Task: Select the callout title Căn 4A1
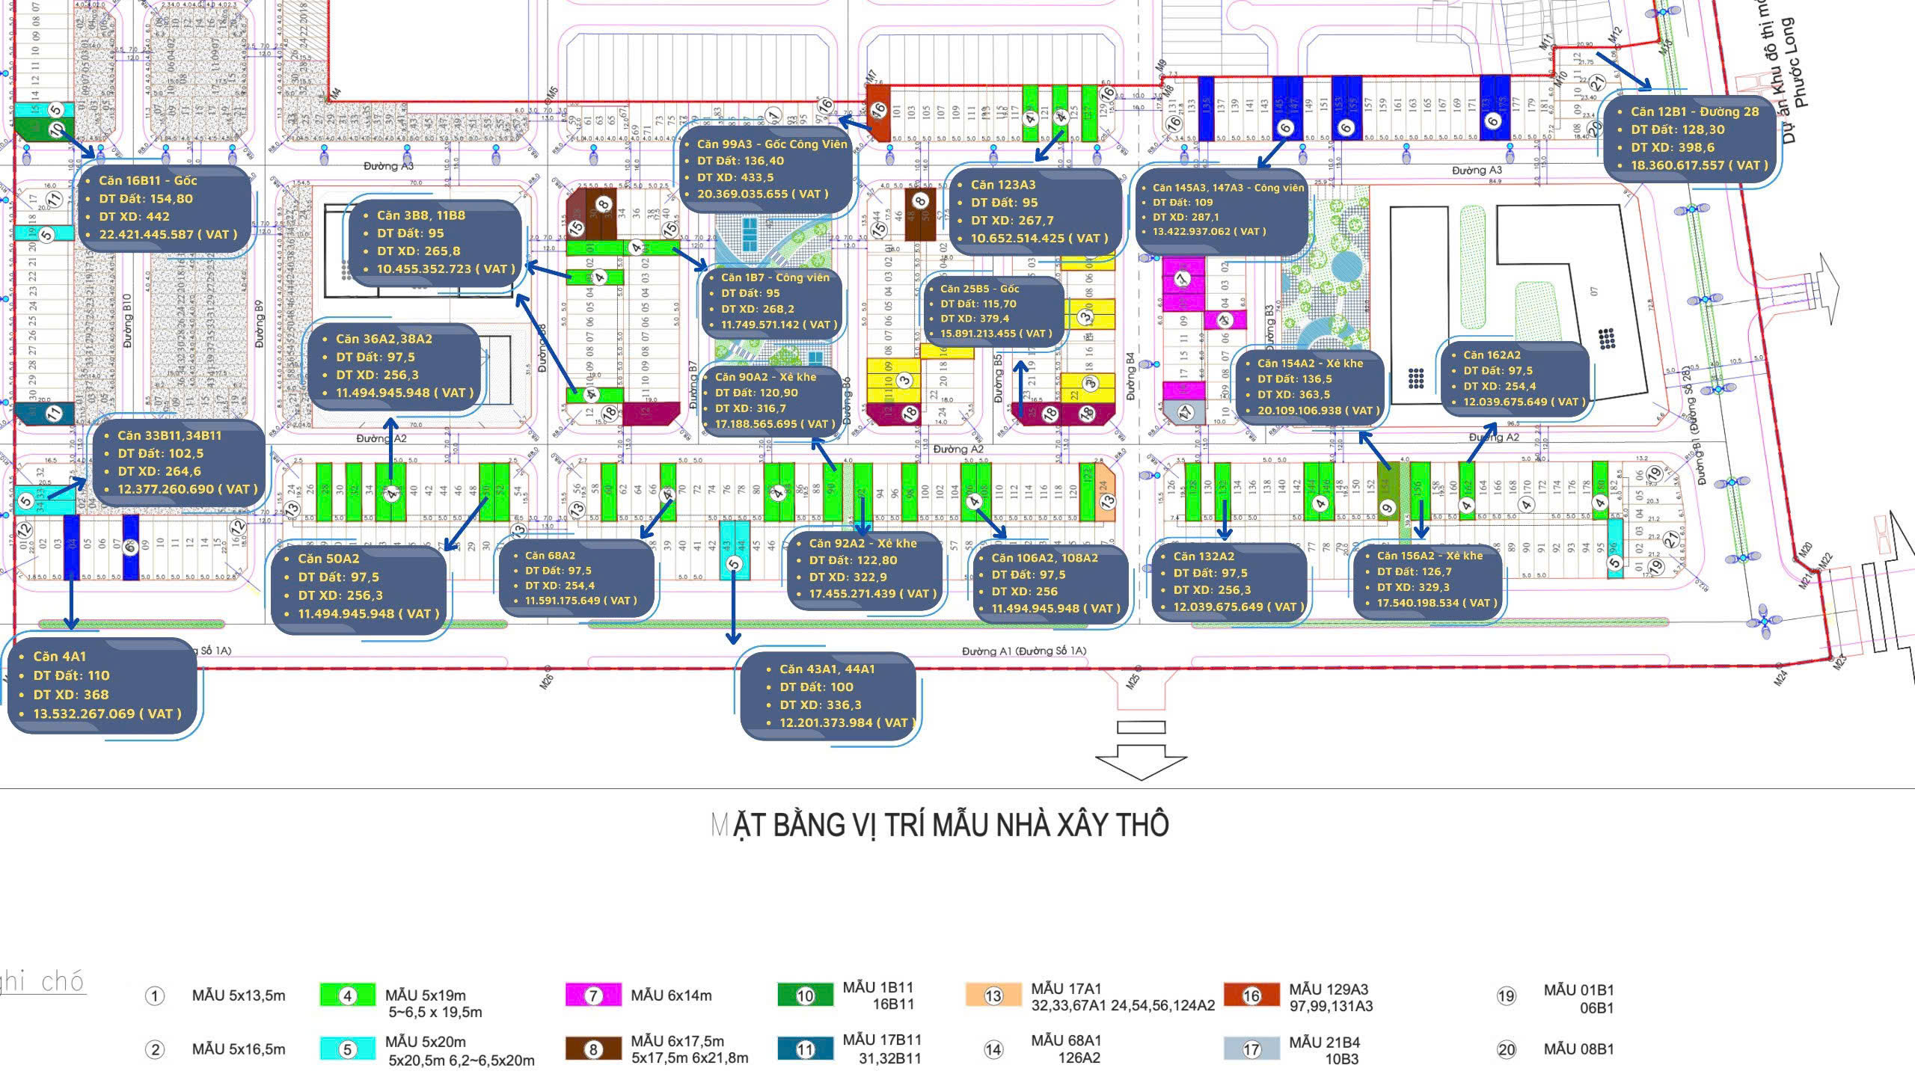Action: pyautogui.click(x=60, y=656)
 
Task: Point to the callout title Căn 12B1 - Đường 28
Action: pyautogui.click(x=1694, y=111)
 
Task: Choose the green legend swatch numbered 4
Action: pyautogui.click(x=347, y=995)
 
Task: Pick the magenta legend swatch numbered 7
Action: pyautogui.click(x=593, y=995)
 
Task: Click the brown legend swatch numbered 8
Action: pyautogui.click(x=593, y=1049)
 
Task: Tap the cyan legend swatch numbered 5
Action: pyautogui.click(x=347, y=1049)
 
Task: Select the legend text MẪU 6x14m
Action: pyautogui.click(x=671, y=995)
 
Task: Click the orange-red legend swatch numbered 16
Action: pyautogui.click(x=1251, y=995)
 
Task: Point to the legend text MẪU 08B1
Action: pyautogui.click(x=1578, y=1049)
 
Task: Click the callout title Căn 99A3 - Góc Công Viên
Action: pyautogui.click(x=772, y=144)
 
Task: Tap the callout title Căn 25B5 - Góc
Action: pyautogui.click(x=979, y=288)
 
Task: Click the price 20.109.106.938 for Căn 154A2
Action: pyautogui.click(x=1318, y=410)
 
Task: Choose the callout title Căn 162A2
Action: pyautogui.click(x=1492, y=355)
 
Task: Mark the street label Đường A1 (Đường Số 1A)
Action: pyautogui.click(x=1023, y=651)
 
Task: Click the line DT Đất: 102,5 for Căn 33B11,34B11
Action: pyautogui.click(x=160, y=453)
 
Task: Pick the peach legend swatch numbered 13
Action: pyautogui.click(x=993, y=995)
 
